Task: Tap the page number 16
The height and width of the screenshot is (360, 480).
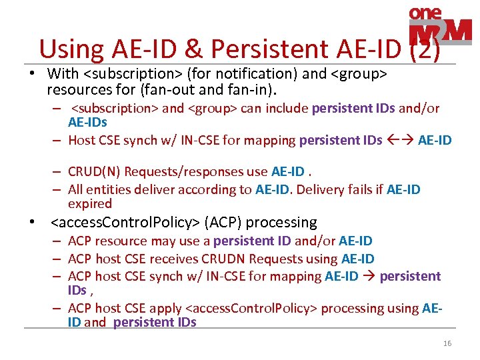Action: tap(447, 344)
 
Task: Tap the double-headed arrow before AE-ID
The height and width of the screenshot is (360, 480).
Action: tap(400, 140)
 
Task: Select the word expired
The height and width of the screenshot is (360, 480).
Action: tap(90, 204)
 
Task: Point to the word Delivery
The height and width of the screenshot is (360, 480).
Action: tap(322, 189)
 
